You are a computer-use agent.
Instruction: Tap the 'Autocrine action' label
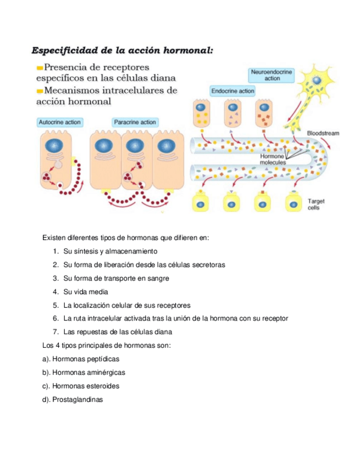60,122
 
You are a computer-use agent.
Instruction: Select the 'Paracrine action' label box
135,122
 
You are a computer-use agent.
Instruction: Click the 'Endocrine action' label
232,91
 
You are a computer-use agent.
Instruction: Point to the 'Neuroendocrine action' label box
272,75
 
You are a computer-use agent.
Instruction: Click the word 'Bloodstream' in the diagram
323,133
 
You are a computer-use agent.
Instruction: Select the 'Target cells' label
316,204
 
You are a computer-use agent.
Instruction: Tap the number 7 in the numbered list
56,332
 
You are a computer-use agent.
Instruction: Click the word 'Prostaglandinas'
77,400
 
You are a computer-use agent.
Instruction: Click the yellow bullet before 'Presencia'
39,68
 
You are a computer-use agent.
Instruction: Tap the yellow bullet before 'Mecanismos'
39,91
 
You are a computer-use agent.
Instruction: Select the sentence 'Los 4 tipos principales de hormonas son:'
107,345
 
